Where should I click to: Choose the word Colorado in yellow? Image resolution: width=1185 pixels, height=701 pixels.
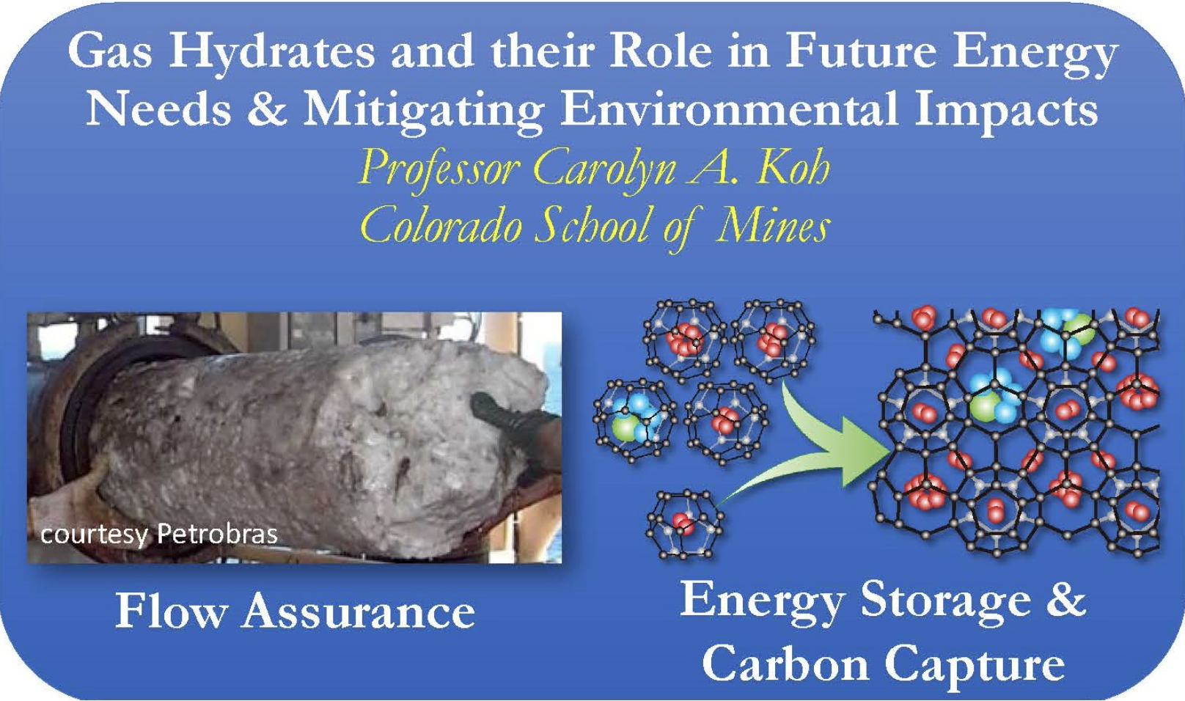(x=441, y=226)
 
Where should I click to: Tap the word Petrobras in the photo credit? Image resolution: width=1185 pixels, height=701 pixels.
(x=218, y=534)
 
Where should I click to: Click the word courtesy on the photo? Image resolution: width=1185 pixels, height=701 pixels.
(x=94, y=535)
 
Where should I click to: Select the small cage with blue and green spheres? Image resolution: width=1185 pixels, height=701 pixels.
(x=634, y=422)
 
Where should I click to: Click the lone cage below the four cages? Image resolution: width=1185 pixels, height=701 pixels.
(x=684, y=524)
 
